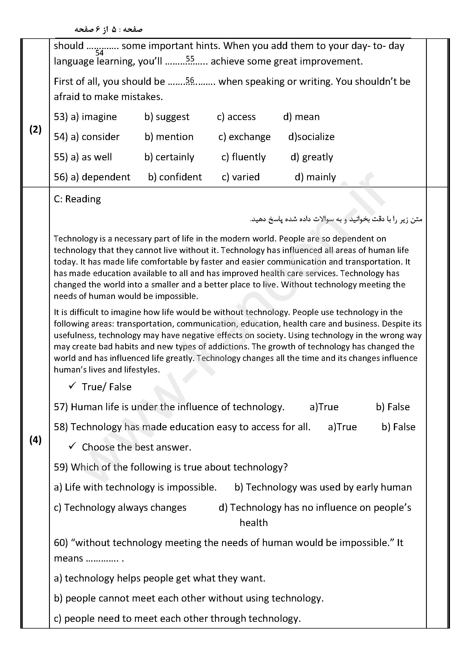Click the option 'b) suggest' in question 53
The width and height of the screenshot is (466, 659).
click(167, 117)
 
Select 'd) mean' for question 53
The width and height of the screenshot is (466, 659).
click(301, 117)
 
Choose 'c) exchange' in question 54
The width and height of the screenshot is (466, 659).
click(244, 137)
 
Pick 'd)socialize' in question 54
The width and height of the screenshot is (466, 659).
click(311, 137)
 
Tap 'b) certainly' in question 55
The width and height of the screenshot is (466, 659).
click(169, 157)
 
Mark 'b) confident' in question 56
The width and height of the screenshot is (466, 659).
click(175, 177)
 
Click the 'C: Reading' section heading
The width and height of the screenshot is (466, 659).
click(77, 199)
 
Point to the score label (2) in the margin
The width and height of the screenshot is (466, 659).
click(35, 130)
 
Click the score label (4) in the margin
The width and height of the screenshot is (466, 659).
click(35, 440)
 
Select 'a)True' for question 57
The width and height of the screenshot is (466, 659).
click(324, 407)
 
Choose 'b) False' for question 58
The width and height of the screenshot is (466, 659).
click(398, 427)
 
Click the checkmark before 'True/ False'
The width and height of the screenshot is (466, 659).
click(72, 386)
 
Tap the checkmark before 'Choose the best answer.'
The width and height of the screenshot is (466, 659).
click(72, 446)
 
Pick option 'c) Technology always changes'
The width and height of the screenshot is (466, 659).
click(120, 508)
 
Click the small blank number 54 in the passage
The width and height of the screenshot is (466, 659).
click(99, 53)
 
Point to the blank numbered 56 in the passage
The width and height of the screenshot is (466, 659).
click(190, 80)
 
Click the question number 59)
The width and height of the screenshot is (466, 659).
click(61, 467)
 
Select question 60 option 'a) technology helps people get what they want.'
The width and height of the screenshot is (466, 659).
click(159, 578)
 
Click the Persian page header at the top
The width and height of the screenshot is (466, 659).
click(108, 30)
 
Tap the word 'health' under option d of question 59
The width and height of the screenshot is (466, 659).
click(254, 523)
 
